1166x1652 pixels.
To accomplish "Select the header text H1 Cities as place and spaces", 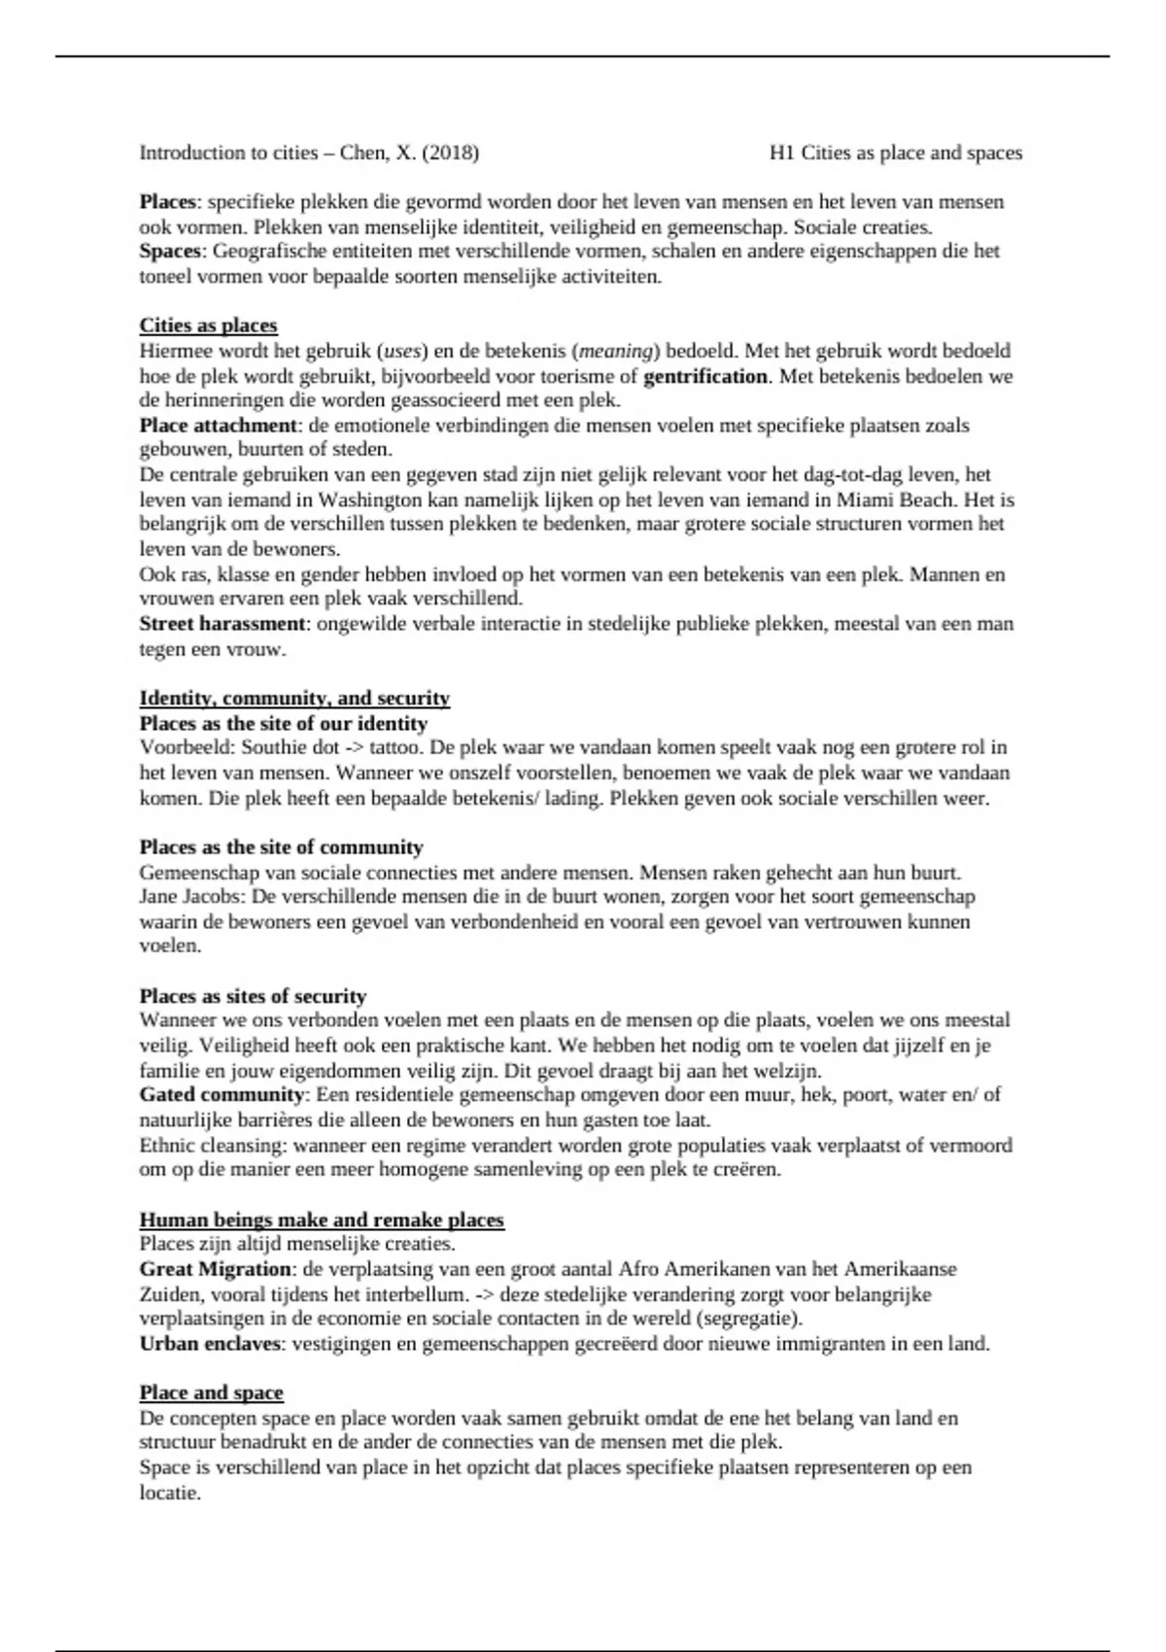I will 895,153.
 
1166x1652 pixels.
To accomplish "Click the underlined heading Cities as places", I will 208,326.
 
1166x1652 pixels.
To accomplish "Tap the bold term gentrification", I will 705,375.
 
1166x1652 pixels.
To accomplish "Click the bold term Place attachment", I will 219,425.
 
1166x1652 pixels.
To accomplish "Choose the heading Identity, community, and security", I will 294,698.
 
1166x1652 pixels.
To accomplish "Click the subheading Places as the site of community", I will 281,847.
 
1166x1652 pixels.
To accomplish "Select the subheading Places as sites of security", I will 253,996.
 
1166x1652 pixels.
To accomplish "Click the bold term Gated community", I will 223,1095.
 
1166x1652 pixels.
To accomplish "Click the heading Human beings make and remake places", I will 322,1220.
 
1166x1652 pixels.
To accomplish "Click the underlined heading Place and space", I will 211,1393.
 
